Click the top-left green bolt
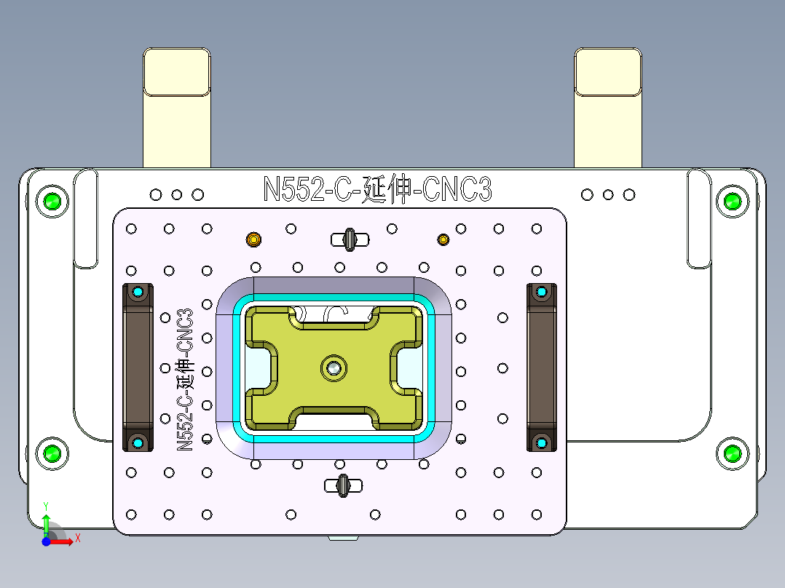[x=52, y=201]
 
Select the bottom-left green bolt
[x=52, y=454]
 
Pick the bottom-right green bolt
[x=732, y=454]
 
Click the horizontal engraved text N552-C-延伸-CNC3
[x=377, y=189]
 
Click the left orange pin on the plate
[x=253, y=239]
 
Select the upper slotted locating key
[x=350, y=239]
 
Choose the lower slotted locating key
[x=342, y=484]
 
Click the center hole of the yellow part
[x=334, y=368]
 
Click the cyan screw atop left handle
[x=138, y=293]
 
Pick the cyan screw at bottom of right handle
[x=541, y=442]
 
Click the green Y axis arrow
[x=46, y=521]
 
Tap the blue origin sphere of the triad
[x=46, y=542]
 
